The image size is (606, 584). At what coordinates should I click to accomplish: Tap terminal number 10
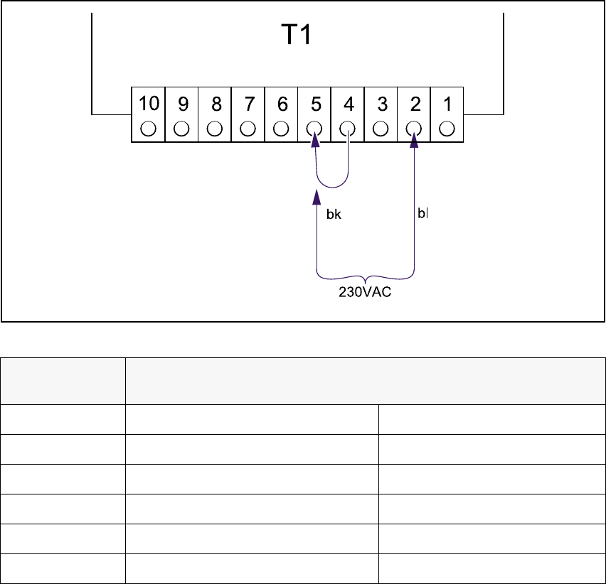click(x=148, y=104)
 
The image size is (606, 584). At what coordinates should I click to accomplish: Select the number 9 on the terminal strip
click(x=182, y=104)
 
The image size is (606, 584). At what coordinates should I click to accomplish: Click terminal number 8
click(x=216, y=104)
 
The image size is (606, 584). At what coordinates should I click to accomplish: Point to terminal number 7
click(x=248, y=104)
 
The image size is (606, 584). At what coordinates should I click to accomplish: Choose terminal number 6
click(x=282, y=104)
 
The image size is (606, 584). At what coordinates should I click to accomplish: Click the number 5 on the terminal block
click(x=315, y=104)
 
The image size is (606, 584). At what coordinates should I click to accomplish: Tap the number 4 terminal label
click(x=349, y=104)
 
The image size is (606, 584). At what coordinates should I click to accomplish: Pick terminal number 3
click(x=382, y=104)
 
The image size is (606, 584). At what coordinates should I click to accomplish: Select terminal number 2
click(x=415, y=104)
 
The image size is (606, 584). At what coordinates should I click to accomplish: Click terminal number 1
click(x=447, y=104)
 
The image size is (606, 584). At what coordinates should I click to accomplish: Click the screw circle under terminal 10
click(x=148, y=129)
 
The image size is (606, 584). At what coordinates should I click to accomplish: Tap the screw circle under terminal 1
click(x=447, y=129)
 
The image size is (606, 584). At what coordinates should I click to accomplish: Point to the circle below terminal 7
click(x=248, y=129)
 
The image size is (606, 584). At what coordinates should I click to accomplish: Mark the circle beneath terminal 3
click(x=382, y=129)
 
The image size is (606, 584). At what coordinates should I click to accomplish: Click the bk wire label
click(x=334, y=215)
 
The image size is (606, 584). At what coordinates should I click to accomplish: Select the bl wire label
click(x=422, y=213)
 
